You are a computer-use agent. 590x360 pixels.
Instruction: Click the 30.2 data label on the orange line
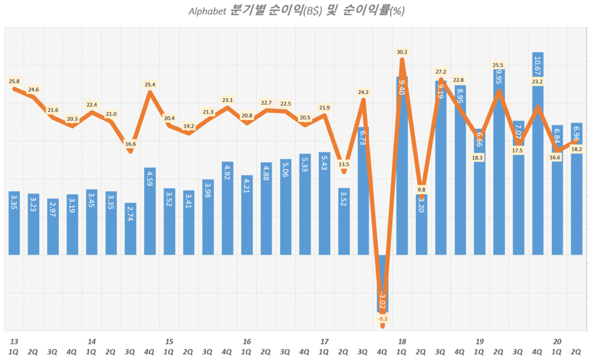pos(402,52)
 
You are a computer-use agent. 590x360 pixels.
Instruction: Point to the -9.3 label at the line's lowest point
pos(383,319)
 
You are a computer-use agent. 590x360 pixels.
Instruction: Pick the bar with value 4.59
pos(150,213)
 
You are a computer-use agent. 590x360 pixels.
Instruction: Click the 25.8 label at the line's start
pos(14,82)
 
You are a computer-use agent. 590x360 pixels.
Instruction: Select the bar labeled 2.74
pos(131,230)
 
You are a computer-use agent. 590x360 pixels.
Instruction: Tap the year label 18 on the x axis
pos(401,342)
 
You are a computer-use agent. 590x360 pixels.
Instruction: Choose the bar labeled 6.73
pos(363,190)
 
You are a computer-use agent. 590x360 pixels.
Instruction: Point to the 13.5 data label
pos(343,164)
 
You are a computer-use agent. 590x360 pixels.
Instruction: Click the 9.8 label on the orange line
pos(421,190)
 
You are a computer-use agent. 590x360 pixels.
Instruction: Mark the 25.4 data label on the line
pos(150,85)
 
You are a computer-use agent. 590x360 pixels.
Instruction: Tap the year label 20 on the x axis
pos(557,342)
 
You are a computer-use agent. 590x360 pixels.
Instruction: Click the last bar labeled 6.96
pos(576,190)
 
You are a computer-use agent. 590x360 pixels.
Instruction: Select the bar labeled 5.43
pos(324,204)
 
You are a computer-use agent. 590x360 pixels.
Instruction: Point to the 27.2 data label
pos(441,72)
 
